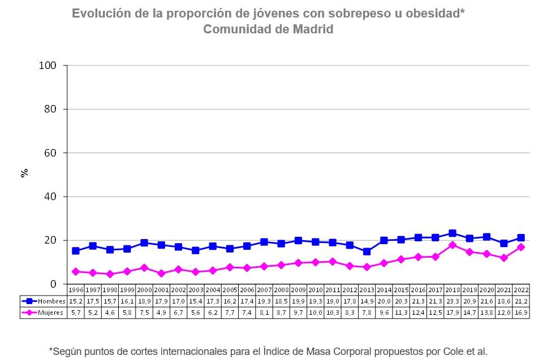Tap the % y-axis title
24,173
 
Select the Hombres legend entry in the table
44,301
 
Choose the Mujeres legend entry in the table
44,312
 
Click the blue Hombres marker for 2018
453,233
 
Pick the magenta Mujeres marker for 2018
453,245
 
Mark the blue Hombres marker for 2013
367,251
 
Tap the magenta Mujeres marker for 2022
521,247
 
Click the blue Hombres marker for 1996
76,251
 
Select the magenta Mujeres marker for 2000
144,267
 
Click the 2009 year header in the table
298,290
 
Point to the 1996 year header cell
76,290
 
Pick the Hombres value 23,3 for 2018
453,301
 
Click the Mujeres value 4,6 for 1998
110,312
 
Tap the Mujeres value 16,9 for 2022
521,312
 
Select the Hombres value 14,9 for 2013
367,301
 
